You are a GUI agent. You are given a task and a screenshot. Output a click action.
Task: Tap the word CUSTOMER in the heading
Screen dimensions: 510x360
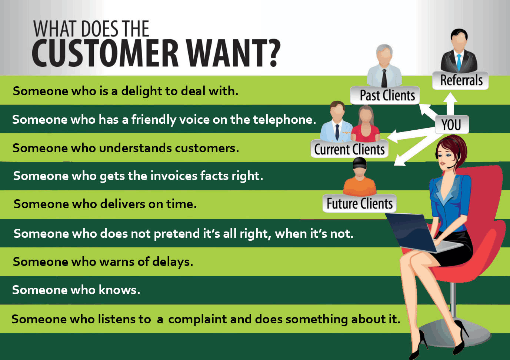[x=105, y=53]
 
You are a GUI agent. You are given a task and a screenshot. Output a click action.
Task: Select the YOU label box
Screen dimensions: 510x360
[x=452, y=124]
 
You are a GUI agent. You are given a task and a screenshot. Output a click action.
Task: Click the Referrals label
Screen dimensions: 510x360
[x=460, y=80]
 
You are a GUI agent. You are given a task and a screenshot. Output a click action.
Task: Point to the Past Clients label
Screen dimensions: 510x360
[x=385, y=95]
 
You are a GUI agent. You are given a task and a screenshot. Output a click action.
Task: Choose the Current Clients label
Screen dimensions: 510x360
[x=350, y=149]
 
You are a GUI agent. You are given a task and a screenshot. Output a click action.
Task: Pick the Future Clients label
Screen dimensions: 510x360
[x=360, y=203]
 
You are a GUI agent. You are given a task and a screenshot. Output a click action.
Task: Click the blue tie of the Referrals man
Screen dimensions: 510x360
[x=459, y=62]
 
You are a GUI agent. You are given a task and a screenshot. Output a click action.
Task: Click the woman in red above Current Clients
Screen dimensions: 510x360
[x=366, y=124]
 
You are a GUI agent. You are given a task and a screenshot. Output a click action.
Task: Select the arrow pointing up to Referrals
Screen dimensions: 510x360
[x=450, y=104]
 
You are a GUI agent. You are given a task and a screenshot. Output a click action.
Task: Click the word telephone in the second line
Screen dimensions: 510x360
[x=284, y=120]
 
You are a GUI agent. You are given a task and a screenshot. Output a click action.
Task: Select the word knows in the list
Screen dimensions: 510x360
[x=119, y=290]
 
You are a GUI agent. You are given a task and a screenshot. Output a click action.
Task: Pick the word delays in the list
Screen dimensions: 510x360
[x=173, y=262]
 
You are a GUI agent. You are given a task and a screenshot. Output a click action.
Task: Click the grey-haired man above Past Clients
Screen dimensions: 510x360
[x=384, y=66]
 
